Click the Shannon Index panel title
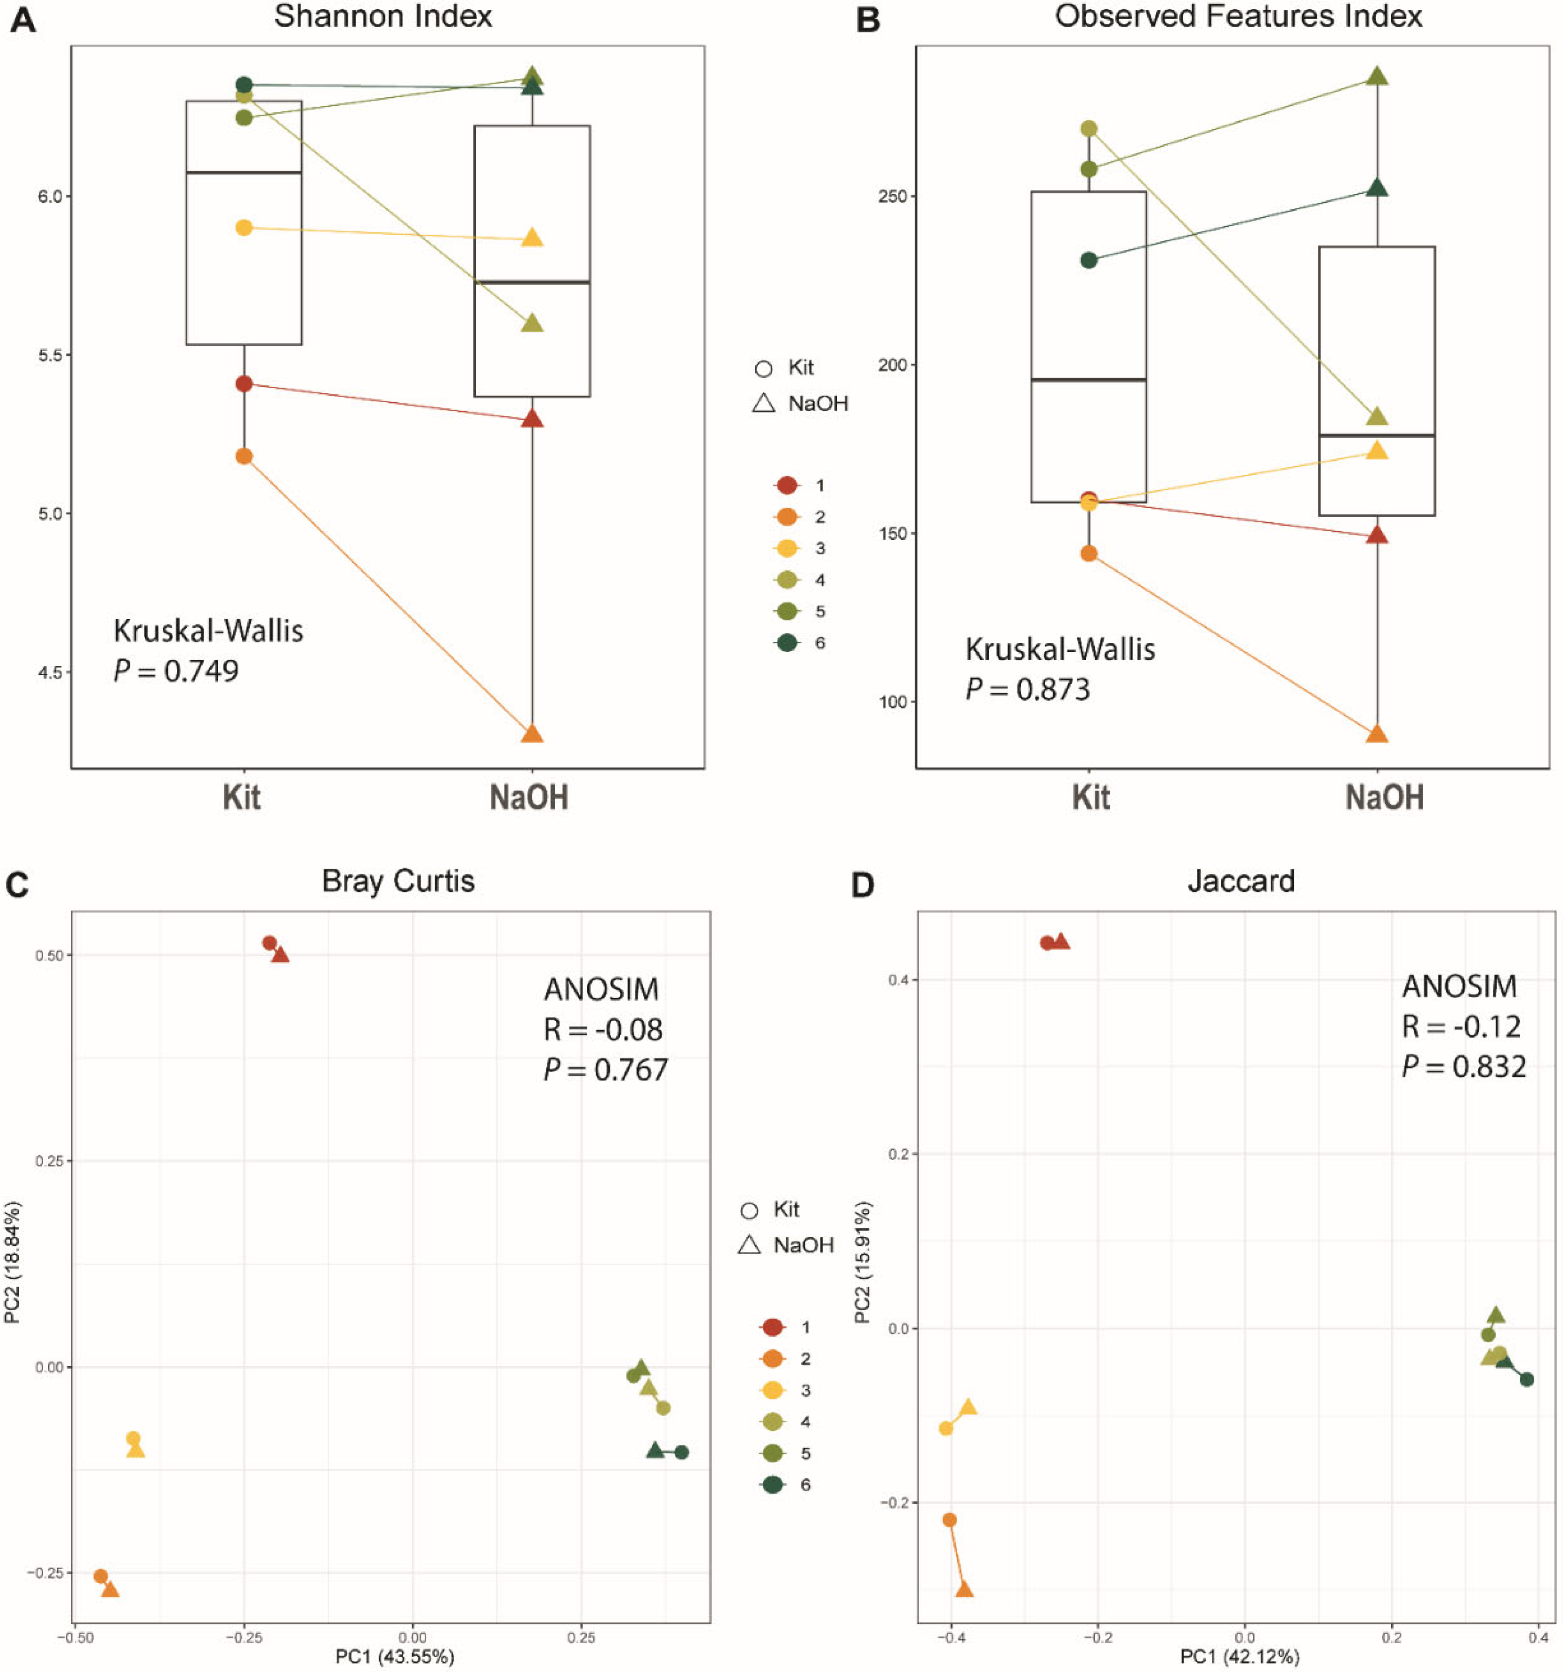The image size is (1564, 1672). click(383, 17)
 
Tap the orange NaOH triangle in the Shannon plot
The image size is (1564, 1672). click(531, 733)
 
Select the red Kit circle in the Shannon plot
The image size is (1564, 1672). click(244, 384)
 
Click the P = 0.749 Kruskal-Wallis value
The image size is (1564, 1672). click(177, 671)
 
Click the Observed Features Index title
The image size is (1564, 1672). click(1239, 17)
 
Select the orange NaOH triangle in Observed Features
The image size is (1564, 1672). click(1376, 733)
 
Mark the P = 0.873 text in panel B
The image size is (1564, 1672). click(1028, 690)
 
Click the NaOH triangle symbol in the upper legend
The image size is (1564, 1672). click(763, 404)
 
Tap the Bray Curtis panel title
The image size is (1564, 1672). click(398, 881)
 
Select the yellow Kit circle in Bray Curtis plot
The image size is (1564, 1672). click(133, 1439)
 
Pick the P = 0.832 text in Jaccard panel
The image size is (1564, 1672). click(1464, 1067)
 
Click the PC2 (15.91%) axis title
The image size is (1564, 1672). click(863, 1261)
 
